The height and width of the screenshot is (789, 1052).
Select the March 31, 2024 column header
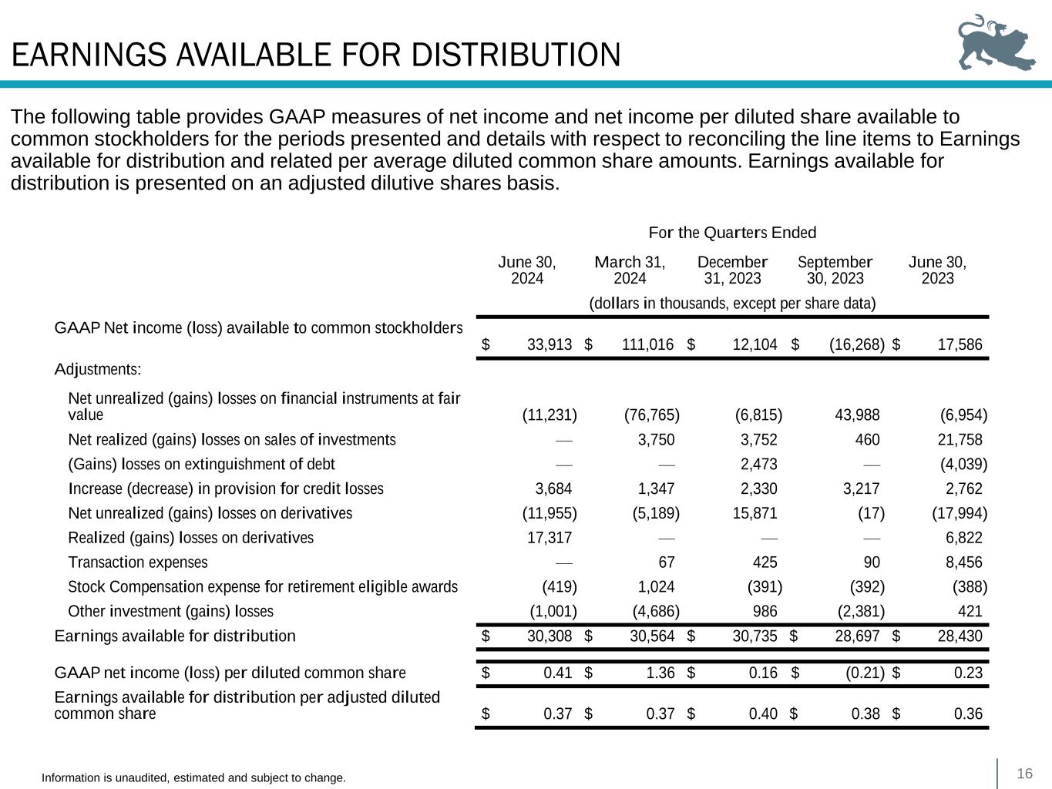click(x=630, y=270)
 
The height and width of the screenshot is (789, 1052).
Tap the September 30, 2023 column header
click(x=835, y=270)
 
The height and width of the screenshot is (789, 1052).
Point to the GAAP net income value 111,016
click(x=647, y=344)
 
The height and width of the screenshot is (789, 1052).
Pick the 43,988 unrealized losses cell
click(x=857, y=415)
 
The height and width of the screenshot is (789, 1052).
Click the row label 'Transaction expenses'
click(x=138, y=562)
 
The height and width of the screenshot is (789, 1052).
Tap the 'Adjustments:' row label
click(x=98, y=369)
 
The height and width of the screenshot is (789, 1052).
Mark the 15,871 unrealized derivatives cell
click(x=755, y=513)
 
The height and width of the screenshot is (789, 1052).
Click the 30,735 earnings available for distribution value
click(x=755, y=636)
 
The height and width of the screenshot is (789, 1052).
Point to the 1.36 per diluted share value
click(x=660, y=673)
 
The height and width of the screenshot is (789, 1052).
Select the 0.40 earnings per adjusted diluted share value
click(x=763, y=713)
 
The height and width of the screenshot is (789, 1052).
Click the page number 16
click(x=1024, y=774)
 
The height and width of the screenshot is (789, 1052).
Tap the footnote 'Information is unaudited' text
click(x=193, y=778)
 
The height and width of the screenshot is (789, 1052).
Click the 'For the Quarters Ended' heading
click(x=732, y=233)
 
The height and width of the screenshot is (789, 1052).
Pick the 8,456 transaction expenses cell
click(x=963, y=562)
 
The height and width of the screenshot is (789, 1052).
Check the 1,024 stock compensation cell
click(x=656, y=587)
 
